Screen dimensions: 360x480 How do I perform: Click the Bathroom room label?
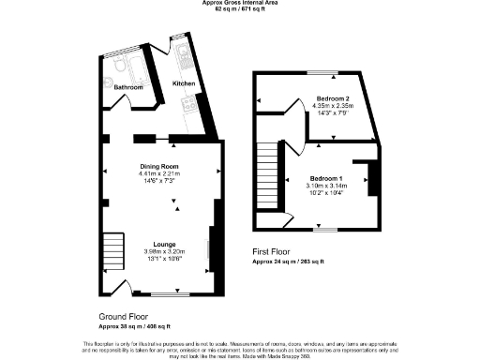129,87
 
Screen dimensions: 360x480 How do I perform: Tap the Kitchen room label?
184,83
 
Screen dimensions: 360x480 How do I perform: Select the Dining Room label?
158,166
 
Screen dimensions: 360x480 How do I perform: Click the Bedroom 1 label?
329,178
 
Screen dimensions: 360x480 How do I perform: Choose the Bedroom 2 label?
332,98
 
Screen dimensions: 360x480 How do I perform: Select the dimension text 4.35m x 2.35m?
332,105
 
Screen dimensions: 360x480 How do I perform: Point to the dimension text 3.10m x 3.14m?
329,186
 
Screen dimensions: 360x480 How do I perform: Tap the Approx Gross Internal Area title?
239,3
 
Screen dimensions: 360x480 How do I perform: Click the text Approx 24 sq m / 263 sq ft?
289,262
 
